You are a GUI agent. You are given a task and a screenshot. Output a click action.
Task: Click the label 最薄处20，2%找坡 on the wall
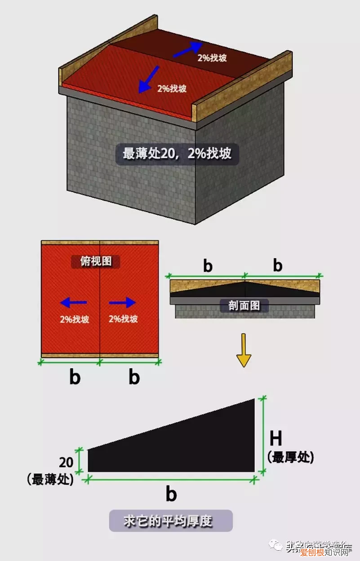click(x=177, y=154)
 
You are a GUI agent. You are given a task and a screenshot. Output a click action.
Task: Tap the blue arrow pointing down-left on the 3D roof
click(x=149, y=79)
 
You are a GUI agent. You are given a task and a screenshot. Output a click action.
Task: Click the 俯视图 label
click(x=96, y=262)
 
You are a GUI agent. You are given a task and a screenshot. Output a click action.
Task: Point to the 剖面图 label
click(x=244, y=305)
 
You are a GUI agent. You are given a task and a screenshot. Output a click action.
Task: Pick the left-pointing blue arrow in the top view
click(x=74, y=302)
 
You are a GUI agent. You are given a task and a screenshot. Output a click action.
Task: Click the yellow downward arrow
click(x=244, y=350)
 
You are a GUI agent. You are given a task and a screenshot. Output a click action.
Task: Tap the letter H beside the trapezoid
click(x=276, y=438)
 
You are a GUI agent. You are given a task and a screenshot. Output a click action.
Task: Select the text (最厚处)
click(x=290, y=457)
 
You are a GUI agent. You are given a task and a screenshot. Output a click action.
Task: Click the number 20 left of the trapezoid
click(x=67, y=462)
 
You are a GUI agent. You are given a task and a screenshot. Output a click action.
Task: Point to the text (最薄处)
click(x=50, y=479)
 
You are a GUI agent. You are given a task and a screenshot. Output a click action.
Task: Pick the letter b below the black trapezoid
click(x=171, y=495)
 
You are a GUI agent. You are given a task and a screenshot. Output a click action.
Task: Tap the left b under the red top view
click(x=75, y=377)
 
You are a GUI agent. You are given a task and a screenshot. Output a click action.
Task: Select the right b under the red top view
click(x=134, y=377)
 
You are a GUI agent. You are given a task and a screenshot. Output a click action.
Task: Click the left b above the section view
click(x=207, y=266)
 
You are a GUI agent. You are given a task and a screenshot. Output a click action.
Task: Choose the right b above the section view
click(x=278, y=266)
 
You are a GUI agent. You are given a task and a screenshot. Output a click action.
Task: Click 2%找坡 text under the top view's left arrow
click(x=74, y=319)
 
